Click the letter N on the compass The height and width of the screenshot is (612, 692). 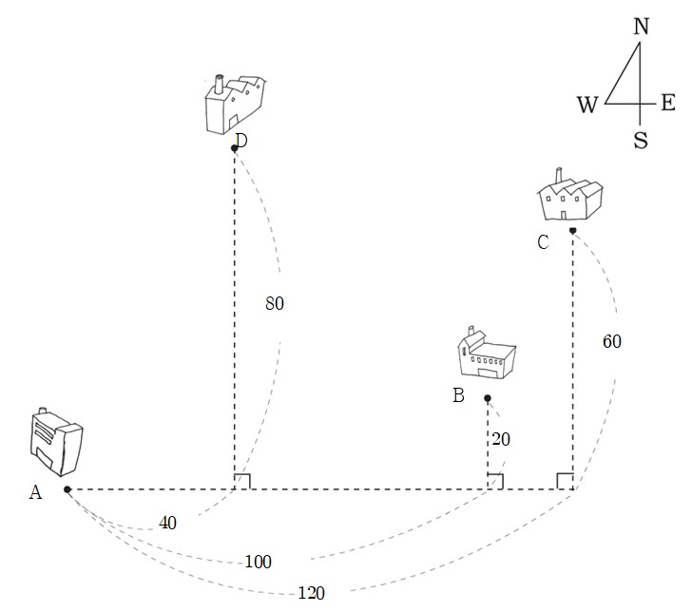tap(642, 27)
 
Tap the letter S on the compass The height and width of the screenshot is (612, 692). tap(641, 141)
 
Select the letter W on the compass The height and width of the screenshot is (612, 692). tap(587, 105)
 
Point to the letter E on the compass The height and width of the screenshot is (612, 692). tap(667, 103)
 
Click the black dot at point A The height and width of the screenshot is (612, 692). tap(67, 489)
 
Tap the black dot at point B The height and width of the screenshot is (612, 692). tap(488, 398)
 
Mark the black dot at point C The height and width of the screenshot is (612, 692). tap(572, 230)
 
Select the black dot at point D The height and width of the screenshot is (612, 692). tap(235, 148)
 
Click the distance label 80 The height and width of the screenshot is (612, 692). tap(275, 303)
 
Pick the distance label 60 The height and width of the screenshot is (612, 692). tap(612, 341)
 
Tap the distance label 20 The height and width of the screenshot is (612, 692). tap(501, 439)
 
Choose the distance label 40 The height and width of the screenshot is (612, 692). tap(167, 523)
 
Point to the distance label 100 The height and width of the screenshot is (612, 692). tap(259, 562)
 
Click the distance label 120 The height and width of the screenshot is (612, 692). tap(312, 593)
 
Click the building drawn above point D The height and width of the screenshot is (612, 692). tap(235, 104)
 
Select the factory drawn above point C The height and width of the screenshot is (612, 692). tap(570, 195)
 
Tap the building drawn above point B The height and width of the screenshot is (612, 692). tap(487, 353)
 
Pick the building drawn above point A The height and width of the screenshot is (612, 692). tap(56, 442)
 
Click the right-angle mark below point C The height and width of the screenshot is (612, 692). tap(565, 482)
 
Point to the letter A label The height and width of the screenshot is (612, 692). tap(36, 492)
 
